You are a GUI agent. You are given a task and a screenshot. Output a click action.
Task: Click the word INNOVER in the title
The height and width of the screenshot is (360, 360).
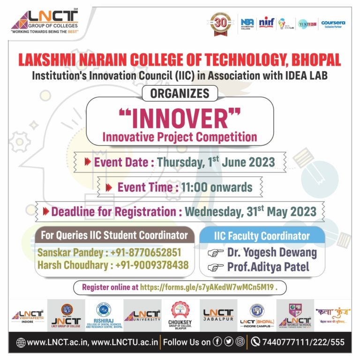(180, 119)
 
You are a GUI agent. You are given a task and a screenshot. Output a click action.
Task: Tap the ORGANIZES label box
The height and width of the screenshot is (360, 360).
(180, 93)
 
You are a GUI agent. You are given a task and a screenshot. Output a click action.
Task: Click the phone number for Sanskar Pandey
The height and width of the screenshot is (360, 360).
(146, 253)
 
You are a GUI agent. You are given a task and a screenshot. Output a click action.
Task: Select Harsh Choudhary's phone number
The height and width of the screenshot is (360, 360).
(151, 265)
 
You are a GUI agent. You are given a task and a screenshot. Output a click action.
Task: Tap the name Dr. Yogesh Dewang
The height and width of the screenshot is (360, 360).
(272, 253)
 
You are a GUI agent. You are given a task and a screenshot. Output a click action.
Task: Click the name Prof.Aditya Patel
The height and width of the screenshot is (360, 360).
(268, 267)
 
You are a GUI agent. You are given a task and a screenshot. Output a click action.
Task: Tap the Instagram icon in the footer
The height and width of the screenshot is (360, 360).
(240, 342)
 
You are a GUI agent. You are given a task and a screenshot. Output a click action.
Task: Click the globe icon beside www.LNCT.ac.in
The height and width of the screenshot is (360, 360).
(20, 343)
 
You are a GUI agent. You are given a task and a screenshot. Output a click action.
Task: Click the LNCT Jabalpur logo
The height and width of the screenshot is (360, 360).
(217, 315)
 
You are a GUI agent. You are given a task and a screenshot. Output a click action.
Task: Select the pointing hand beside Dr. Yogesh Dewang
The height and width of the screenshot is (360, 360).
(215, 253)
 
